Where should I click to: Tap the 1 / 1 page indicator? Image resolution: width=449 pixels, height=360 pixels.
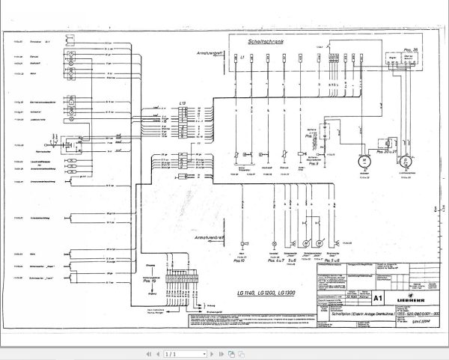point(171,353)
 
